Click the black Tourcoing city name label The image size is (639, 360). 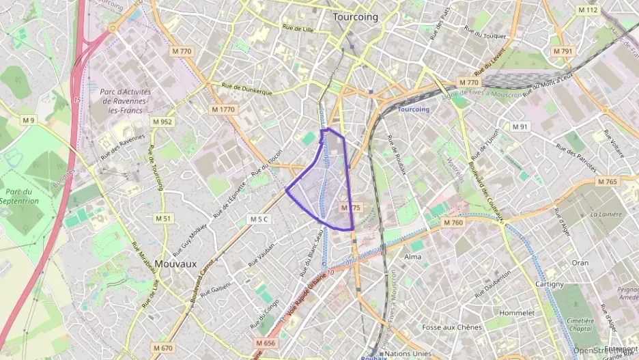pos(355,17)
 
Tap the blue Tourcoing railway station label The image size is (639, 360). pos(413,109)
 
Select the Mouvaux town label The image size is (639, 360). pos(175,263)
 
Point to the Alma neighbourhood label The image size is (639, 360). pos(413,257)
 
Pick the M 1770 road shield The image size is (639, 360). pos(223,109)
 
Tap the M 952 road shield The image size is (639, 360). pos(162,122)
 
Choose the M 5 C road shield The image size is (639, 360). pos(259,219)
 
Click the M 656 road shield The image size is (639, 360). pos(266,343)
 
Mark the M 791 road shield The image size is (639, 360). pos(563,51)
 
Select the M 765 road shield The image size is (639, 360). pos(606,182)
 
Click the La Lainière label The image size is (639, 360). pos(606,214)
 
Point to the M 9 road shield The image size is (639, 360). pos(28,121)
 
